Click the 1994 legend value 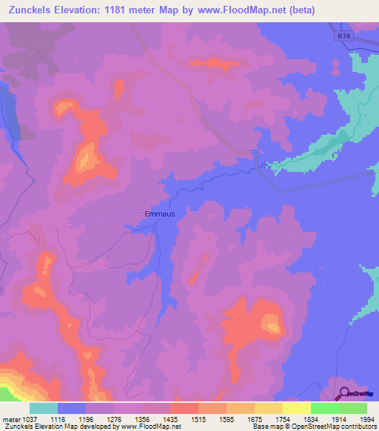coord(368,418)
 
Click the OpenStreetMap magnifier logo coord(343,395)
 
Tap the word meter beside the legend coord(9,418)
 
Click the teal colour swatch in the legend coord(43,408)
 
